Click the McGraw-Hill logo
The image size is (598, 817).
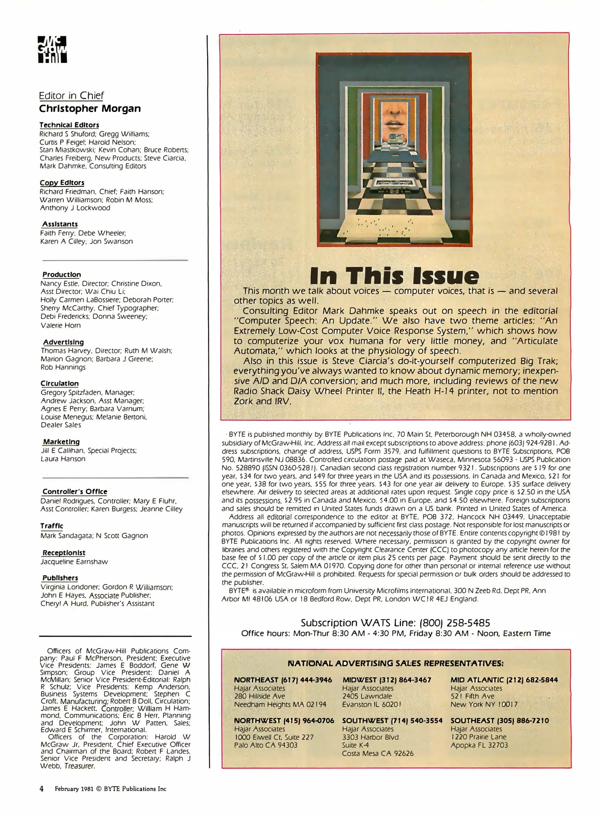coord(53,50)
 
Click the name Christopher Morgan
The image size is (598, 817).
coord(90,109)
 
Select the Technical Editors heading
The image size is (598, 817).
coord(69,125)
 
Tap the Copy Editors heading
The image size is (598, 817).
coord(62,183)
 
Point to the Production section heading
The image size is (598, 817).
coord(62,275)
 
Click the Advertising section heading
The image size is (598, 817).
coord(63,342)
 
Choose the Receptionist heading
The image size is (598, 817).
coord(64,553)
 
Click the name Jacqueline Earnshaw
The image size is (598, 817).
coord(74,562)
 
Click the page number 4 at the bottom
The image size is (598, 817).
coord(42,789)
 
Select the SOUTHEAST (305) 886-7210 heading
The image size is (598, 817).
coord(499,721)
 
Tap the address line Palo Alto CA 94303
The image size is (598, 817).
coord(266,745)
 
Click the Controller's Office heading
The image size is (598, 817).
coord(75,491)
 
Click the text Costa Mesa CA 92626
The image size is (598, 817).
coord(378,753)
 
